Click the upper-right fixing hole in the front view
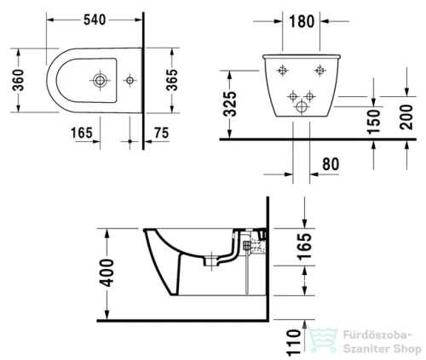coord(319,69)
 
